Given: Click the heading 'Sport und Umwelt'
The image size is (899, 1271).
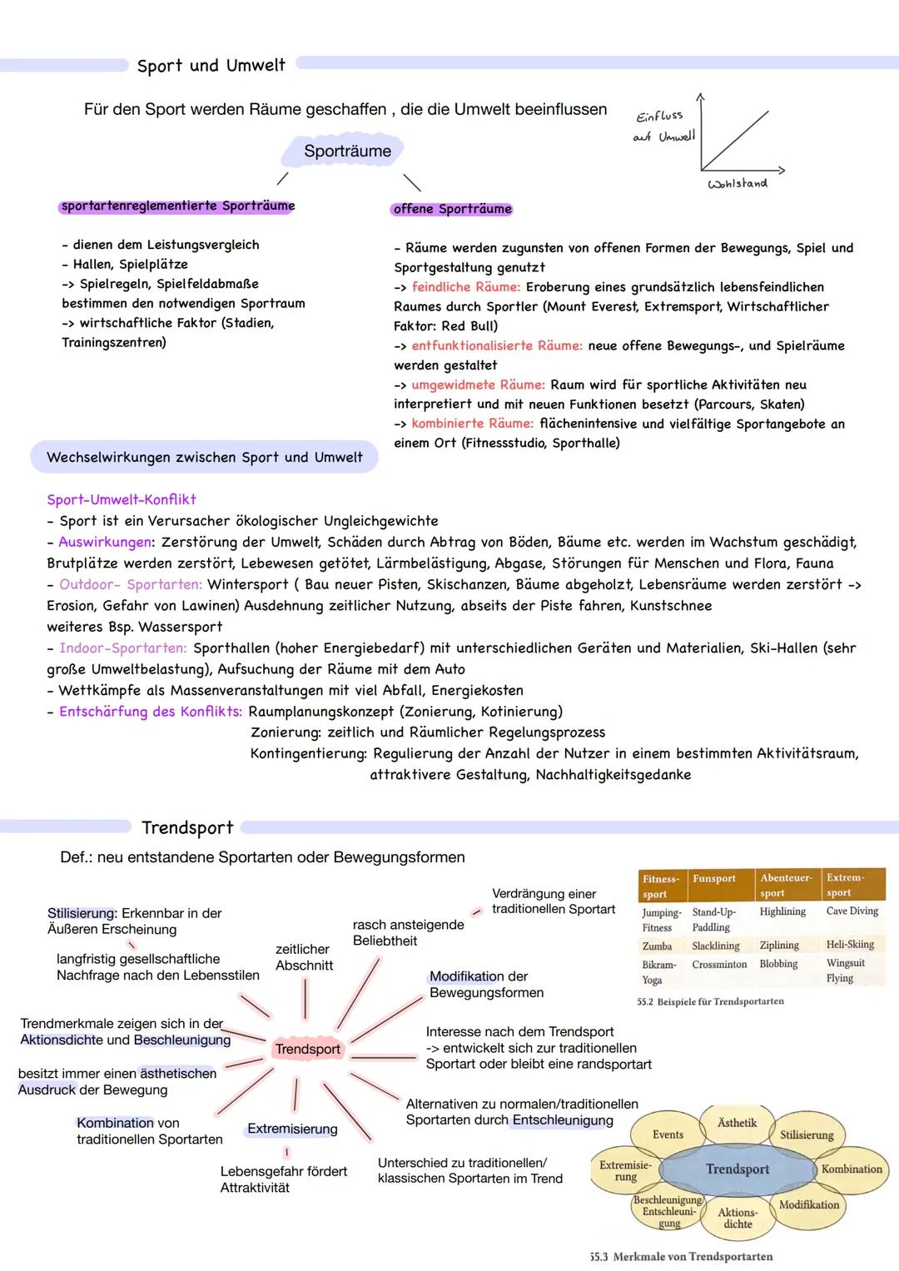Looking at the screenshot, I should (211, 65).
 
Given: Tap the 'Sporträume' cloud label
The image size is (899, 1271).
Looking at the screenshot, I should (347, 151).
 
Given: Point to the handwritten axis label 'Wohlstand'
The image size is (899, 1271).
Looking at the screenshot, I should (737, 183).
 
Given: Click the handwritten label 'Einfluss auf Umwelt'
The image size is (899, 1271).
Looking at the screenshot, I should (663, 127).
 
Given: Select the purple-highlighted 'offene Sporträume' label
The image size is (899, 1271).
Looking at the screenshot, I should (452, 209).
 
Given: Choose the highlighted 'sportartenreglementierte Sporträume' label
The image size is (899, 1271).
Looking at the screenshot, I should (177, 206).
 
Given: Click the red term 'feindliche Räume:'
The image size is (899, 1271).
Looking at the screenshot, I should (466, 287).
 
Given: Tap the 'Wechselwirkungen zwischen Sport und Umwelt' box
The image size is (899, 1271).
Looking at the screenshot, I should (205, 457).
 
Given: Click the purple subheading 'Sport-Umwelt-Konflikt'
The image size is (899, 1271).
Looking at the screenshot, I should (122, 499).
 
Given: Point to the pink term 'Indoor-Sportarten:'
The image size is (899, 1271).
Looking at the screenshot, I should (123, 648).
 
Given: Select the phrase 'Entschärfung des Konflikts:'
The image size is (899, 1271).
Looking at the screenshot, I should (151, 712).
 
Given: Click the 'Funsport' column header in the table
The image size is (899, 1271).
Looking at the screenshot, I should (713, 879).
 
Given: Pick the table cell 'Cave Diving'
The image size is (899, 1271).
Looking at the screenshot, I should (852, 911).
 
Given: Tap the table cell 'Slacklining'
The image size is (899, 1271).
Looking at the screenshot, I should (715, 946).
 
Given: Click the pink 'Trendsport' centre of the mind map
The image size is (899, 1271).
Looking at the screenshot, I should (307, 1049).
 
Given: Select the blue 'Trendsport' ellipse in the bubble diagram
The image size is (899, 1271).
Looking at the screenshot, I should (737, 1169).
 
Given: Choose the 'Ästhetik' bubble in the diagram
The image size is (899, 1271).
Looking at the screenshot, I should (737, 1123).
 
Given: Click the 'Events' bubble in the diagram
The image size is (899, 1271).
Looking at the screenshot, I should (668, 1134).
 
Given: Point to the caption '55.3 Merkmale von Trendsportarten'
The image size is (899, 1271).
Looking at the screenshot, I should (681, 1257).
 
